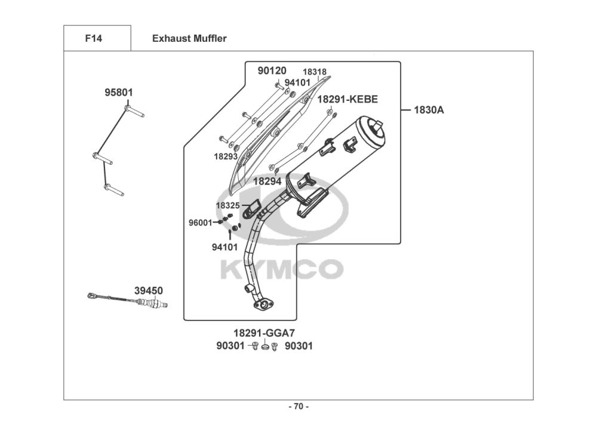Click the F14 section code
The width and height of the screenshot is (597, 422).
click(x=94, y=39)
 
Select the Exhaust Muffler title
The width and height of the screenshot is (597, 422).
click(x=189, y=39)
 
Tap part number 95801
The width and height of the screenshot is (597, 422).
click(x=119, y=93)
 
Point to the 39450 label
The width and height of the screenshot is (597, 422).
click(x=148, y=291)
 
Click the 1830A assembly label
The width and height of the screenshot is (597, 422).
click(x=429, y=110)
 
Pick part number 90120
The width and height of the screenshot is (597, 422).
click(x=272, y=71)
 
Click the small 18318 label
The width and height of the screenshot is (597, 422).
click(x=314, y=72)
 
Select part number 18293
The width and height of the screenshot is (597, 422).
click(x=226, y=156)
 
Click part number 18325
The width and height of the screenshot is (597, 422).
click(x=227, y=205)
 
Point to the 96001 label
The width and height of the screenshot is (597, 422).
click(x=201, y=223)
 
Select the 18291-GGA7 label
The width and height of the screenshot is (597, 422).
click(x=264, y=333)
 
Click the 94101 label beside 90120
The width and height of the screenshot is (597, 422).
click(x=297, y=83)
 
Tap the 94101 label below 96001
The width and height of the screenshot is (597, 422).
click(x=224, y=245)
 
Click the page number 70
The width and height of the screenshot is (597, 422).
click(x=298, y=407)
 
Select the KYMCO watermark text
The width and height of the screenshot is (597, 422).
click(x=281, y=269)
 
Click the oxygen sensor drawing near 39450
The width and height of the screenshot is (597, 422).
click(x=127, y=300)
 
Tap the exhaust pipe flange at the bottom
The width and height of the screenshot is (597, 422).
click(x=263, y=305)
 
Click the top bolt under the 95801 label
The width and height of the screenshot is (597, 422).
click(x=135, y=112)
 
